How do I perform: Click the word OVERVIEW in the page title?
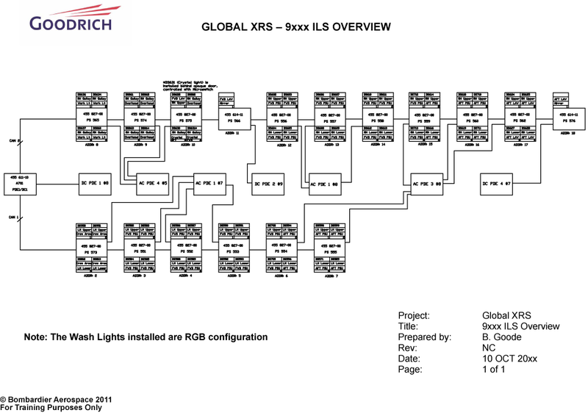[x=359, y=27]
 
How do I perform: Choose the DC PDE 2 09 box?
[x=269, y=181]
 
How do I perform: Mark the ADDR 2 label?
[x=91, y=276]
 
